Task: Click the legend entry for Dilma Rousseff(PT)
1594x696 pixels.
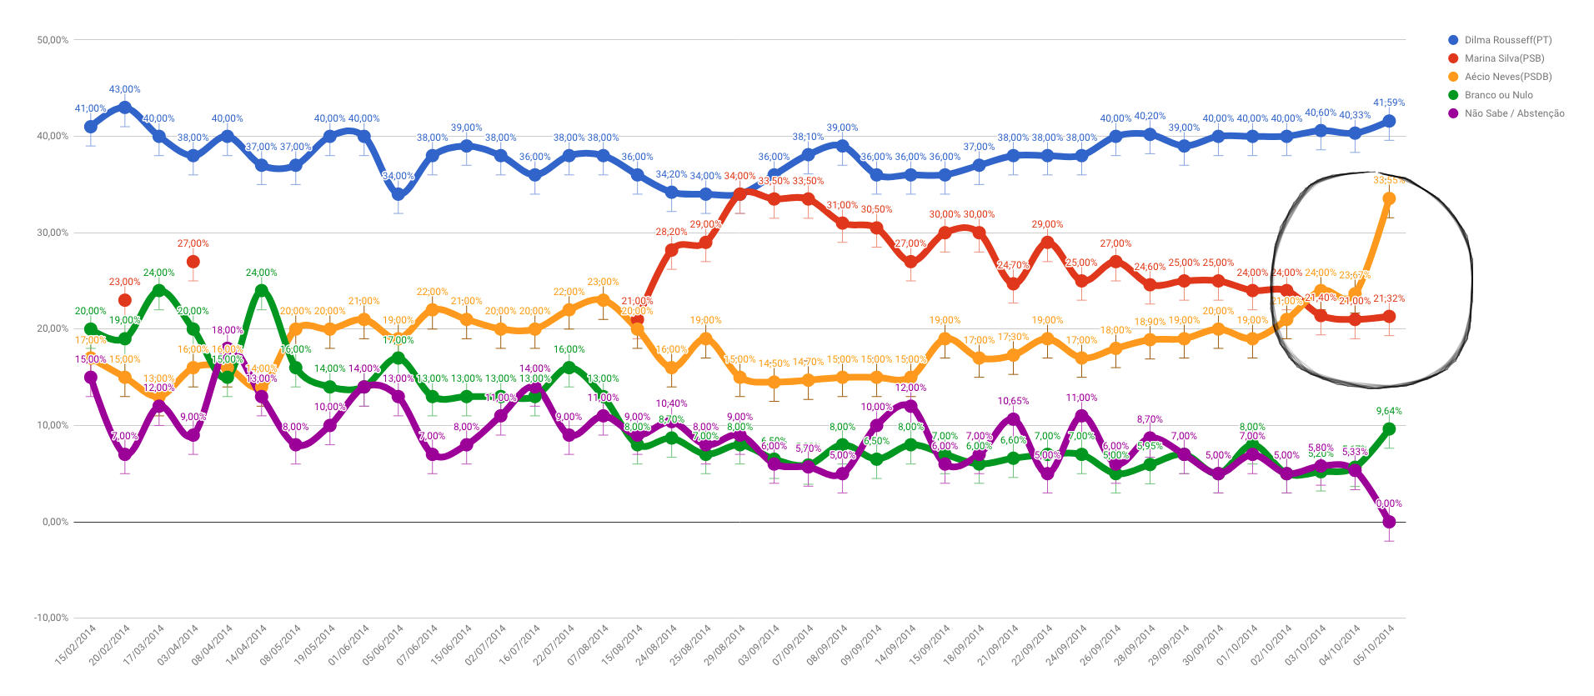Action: click(1507, 40)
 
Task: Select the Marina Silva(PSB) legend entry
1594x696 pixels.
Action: click(1504, 58)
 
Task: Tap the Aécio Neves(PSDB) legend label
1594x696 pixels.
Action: click(1507, 77)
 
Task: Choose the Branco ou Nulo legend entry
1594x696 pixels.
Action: click(1498, 95)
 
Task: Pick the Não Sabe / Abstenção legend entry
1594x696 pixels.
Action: click(1514, 113)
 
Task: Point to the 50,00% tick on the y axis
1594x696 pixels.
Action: click(53, 40)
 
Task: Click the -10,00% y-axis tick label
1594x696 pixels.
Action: click(51, 618)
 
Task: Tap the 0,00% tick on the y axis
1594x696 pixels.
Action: click(55, 522)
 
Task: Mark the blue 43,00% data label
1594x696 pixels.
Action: click(125, 89)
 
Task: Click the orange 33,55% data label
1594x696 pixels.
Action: click(1389, 180)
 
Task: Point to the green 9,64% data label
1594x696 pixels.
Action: click(1389, 411)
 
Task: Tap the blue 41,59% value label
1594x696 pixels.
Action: click(1389, 103)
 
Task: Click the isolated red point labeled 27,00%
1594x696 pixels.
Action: click(193, 262)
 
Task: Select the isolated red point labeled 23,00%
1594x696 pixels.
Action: click(125, 300)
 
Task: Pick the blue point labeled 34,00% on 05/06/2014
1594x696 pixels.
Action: click(398, 194)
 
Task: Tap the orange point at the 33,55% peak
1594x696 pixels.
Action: click(1389, 198)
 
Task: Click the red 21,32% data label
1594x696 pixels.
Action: click(1389, 298)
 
